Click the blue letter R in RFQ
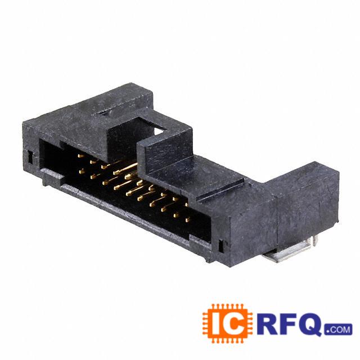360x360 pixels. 268,323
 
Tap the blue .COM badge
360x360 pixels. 339,330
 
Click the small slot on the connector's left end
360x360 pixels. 30,157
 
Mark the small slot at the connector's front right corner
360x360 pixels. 221,246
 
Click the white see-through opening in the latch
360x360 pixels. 160,131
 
